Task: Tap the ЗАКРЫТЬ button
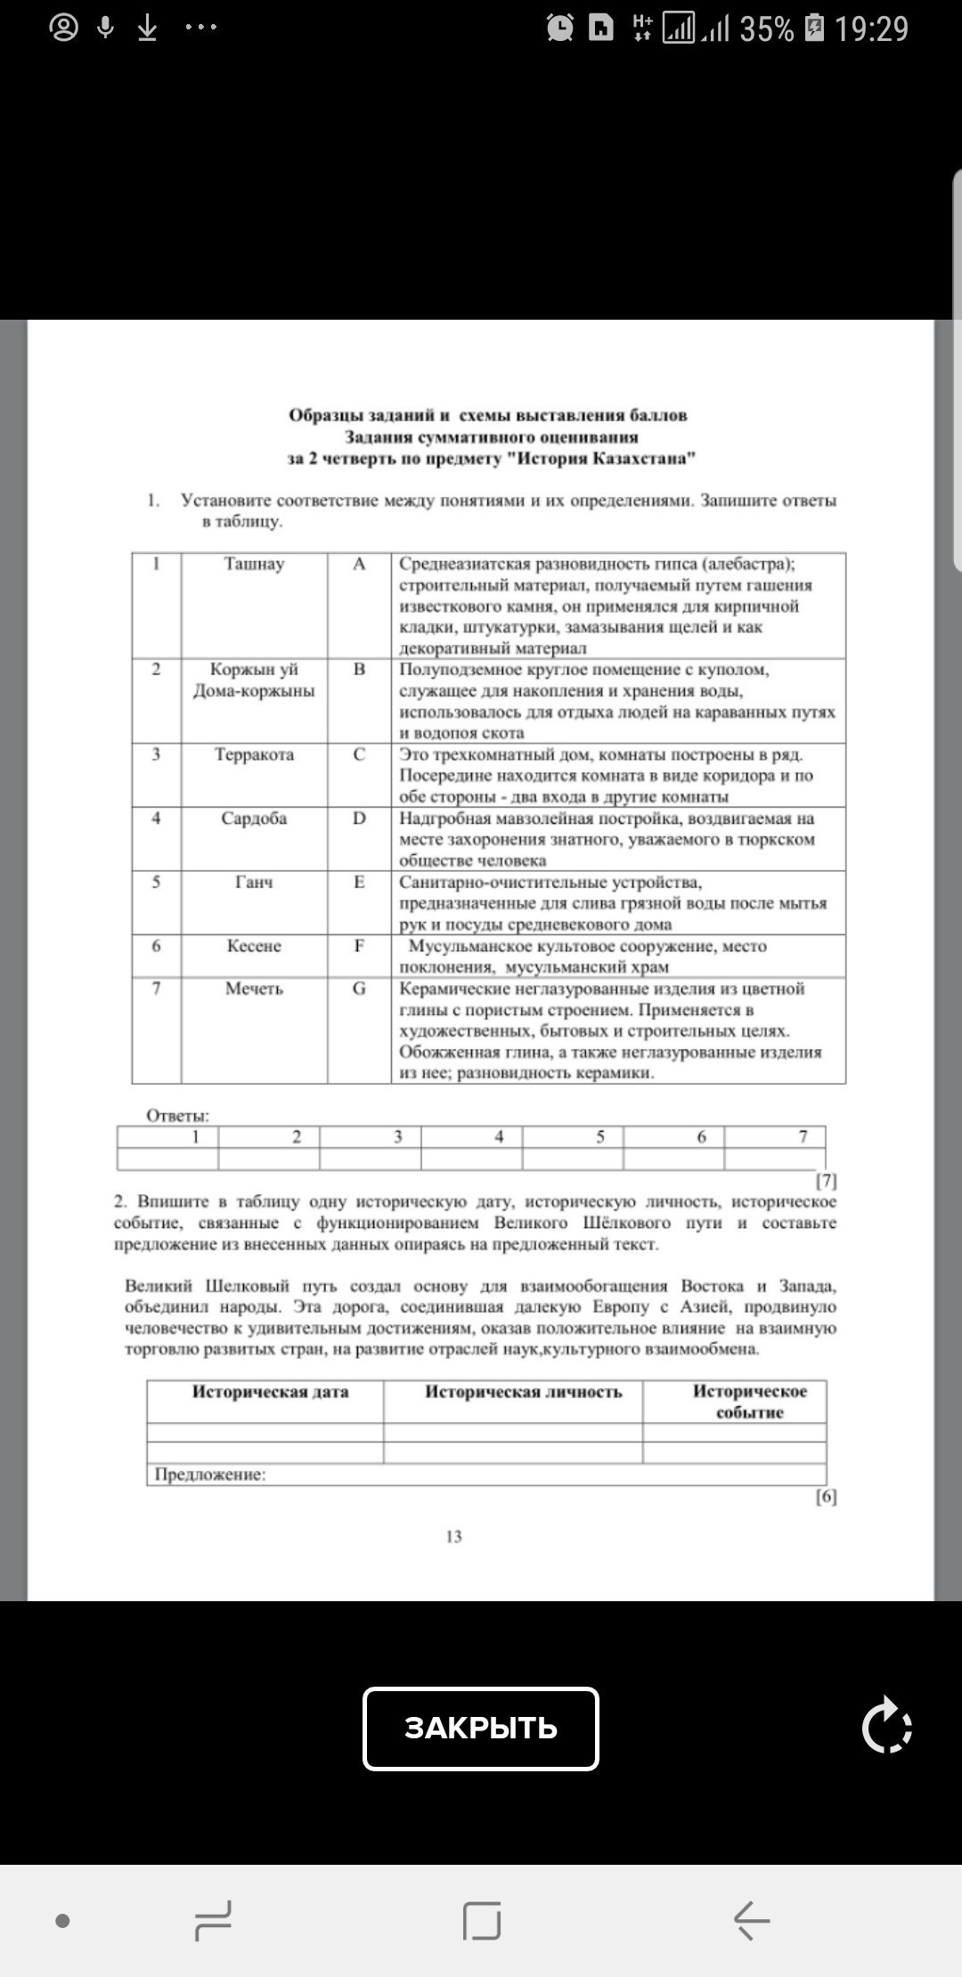tap(480, 1728)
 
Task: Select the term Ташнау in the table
tap(254, 564)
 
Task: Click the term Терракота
tap(254, 754)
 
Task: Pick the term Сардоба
tap(254, 818)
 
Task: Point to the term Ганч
tap(254, 882)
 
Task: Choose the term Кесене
tap(254, 946)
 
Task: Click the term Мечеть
tap(254, 988)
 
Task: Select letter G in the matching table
tap(359, 988)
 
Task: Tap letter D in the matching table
tap(359, 818)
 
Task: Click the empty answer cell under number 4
tap(471, 1159)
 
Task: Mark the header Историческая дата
tap(270, 1392)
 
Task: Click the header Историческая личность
tap(523, 1392)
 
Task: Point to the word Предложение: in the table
tap(210, 1474)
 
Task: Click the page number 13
tap(453, 1536)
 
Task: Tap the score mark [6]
tap(826, 1497)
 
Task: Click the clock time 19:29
tap(871, 29)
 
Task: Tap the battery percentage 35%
tap(766, 29)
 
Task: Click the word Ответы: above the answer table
tap(178, 1116)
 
